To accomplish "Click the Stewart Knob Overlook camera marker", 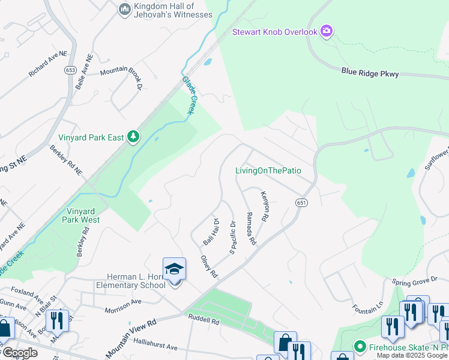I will click(x=327, y=31).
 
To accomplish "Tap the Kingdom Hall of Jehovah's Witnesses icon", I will click(x=125, y=9).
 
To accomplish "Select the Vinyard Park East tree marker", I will click(x=133, y=137).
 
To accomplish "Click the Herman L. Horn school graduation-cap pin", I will click(x=175, y=269).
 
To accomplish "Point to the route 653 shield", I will click(x=70, y=70).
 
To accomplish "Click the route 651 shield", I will click(x=301, y=203).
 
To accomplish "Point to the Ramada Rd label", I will click(x=250, y=229).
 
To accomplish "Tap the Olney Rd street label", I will click(x=208, y=267).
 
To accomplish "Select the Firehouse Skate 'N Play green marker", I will click(x=360, y=346).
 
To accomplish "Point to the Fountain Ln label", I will click(x=368, y=308).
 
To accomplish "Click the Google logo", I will click(x=20, y=353).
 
